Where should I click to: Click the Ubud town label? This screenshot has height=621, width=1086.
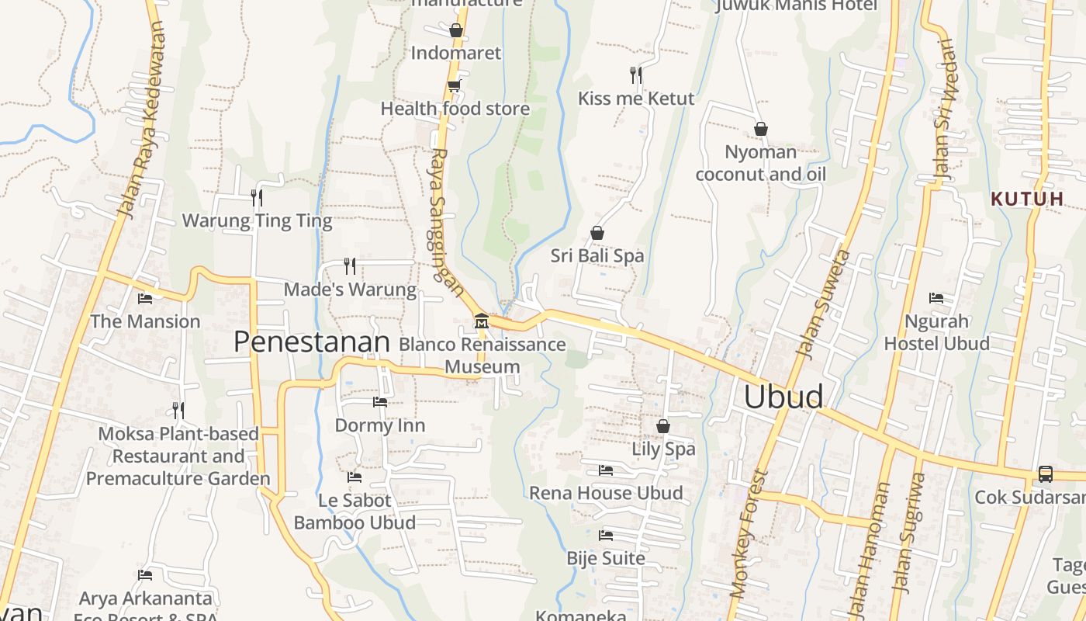pyautogui.click(x=783, y=397)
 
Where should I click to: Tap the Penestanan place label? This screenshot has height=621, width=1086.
pyautogui.click(x=312, y=342)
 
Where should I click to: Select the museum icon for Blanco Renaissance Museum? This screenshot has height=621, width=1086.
pyautogui.click(x=481, y=320)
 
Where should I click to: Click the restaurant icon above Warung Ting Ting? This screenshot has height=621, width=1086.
pyautogui.click(x=257, y=197)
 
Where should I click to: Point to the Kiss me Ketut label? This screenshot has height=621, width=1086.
pyautogui.click(x=636, y=99)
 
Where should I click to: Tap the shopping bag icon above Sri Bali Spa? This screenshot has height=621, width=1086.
pyautogui.click(x=597, y=233)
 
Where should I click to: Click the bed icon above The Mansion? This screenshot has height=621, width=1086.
pyautogui.click(x=145, y=298)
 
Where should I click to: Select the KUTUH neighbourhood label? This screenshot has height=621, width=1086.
pyautogui.click(x=1027, y=199)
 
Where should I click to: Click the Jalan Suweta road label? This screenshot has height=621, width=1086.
pyautogui.click(x=823, y=304)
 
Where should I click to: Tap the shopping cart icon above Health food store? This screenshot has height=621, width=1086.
pyautogui.click(x=455, y=85)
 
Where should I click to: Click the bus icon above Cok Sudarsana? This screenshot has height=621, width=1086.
pyautogui.click(x=1046, y=474)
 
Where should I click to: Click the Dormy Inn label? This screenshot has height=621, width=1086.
pyautogui.click(x=380, y=425)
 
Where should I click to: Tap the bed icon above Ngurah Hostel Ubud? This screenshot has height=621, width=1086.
pyautogui.click(x=936, y=298)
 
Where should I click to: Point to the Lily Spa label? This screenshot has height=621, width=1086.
pyautogui.click(x=663, y=449)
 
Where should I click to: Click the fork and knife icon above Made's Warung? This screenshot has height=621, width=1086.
pyautogui.click(x=350, y=266)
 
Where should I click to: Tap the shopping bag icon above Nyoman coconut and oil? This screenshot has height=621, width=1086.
pyautogui.click(x=761, y=129)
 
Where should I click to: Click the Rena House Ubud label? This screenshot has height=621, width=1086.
pyautogui.click(x=606, y=493)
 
